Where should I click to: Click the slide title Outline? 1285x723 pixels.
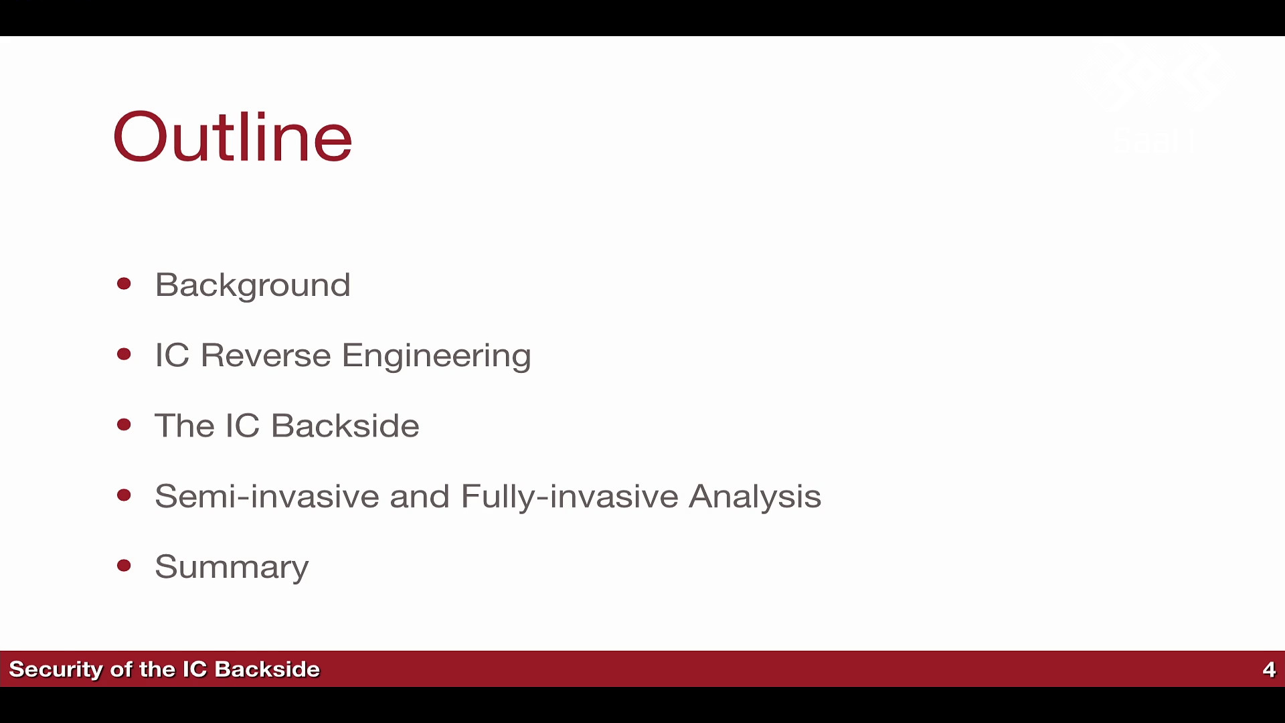click(233, 137)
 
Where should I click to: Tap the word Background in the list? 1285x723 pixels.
click(252, 286)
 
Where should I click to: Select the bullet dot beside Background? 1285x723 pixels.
click(124, 284)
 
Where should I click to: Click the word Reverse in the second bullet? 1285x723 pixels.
click(266, 355)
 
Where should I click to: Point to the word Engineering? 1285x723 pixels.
click(436, 356)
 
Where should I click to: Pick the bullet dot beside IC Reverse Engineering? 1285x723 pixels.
click(124, 354)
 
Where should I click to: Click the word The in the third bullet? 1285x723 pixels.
click(184, 425)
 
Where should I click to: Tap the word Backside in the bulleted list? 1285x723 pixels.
click(345, 425)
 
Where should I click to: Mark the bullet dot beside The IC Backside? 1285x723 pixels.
click(124, 424)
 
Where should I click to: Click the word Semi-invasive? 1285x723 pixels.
click(267, 496)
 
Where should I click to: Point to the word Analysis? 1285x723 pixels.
click(755, 497)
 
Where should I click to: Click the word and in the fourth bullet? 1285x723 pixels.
click(420, 496)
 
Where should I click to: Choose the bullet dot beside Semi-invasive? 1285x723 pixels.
click(124, 495)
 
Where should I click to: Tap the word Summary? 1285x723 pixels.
click(232, 568)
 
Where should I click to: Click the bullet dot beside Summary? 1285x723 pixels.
click(124, 566)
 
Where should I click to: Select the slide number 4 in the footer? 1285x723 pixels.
click(1269, 669)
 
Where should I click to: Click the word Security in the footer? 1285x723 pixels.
click(56, 669)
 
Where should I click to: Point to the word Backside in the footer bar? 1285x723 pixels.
click(268, 669)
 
